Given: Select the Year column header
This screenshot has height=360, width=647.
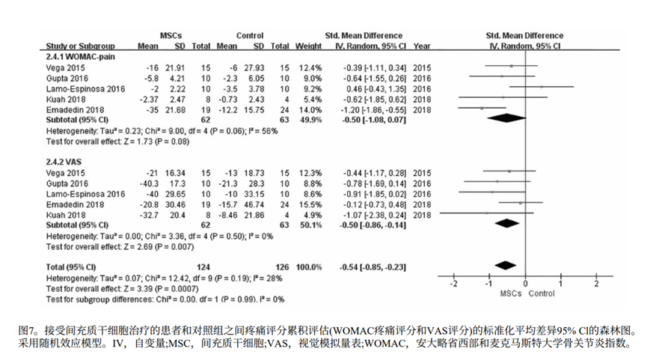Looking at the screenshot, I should tap(421, 46).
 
